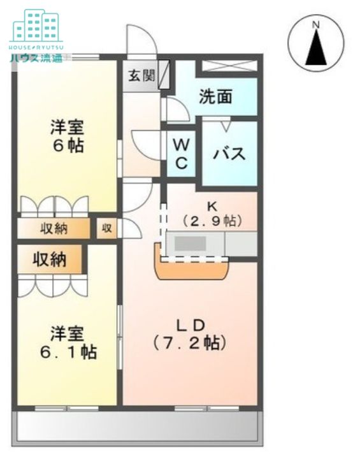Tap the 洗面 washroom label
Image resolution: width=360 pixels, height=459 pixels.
(215, 97)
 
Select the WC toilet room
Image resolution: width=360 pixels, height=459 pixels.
(181, 154)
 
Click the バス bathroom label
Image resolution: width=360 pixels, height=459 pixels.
(229, 154)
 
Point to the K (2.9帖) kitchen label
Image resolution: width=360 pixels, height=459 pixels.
(212, 215)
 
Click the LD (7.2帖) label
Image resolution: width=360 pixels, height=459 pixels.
(189, 334)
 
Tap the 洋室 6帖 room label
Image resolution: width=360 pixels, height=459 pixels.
(67, 136)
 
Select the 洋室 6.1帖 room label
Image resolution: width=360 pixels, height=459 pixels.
(67, 342)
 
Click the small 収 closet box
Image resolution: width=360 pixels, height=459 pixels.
(106, 228)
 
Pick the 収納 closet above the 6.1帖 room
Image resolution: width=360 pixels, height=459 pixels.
(50, 259)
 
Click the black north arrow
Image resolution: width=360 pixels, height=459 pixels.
(315, 48)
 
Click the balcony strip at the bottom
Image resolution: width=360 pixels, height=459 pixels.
(137, 426)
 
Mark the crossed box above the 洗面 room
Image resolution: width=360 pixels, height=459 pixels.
(229, 65)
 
